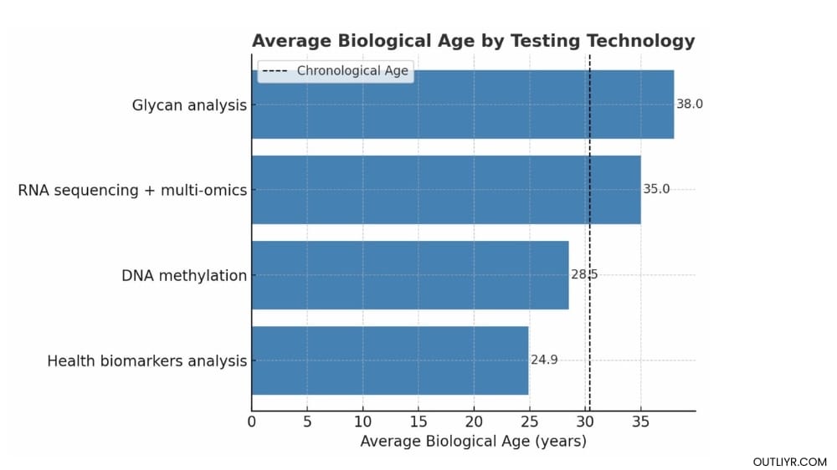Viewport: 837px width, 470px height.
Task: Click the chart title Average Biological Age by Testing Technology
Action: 473,41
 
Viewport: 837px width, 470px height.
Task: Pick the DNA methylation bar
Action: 409,275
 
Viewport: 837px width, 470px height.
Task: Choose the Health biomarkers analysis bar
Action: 390,360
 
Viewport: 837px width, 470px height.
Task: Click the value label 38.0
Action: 690,105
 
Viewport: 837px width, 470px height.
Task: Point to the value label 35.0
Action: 656,190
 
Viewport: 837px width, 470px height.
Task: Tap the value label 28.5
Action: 584,275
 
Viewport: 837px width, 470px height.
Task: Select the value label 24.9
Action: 544,360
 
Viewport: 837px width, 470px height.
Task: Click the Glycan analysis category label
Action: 189,105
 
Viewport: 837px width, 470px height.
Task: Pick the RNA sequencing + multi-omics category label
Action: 132,191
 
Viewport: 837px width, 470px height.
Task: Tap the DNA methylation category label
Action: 184,276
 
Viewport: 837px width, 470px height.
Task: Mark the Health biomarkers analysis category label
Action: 146,361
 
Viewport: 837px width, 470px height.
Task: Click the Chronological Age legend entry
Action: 335,71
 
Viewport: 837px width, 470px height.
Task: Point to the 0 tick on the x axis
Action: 252,422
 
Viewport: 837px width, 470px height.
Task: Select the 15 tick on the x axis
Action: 418,422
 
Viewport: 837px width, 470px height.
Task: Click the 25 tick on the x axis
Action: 530,422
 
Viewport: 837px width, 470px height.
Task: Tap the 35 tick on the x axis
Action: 640,422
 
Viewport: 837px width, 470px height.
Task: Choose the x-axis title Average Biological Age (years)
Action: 473,442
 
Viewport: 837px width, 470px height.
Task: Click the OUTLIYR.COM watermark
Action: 789,462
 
